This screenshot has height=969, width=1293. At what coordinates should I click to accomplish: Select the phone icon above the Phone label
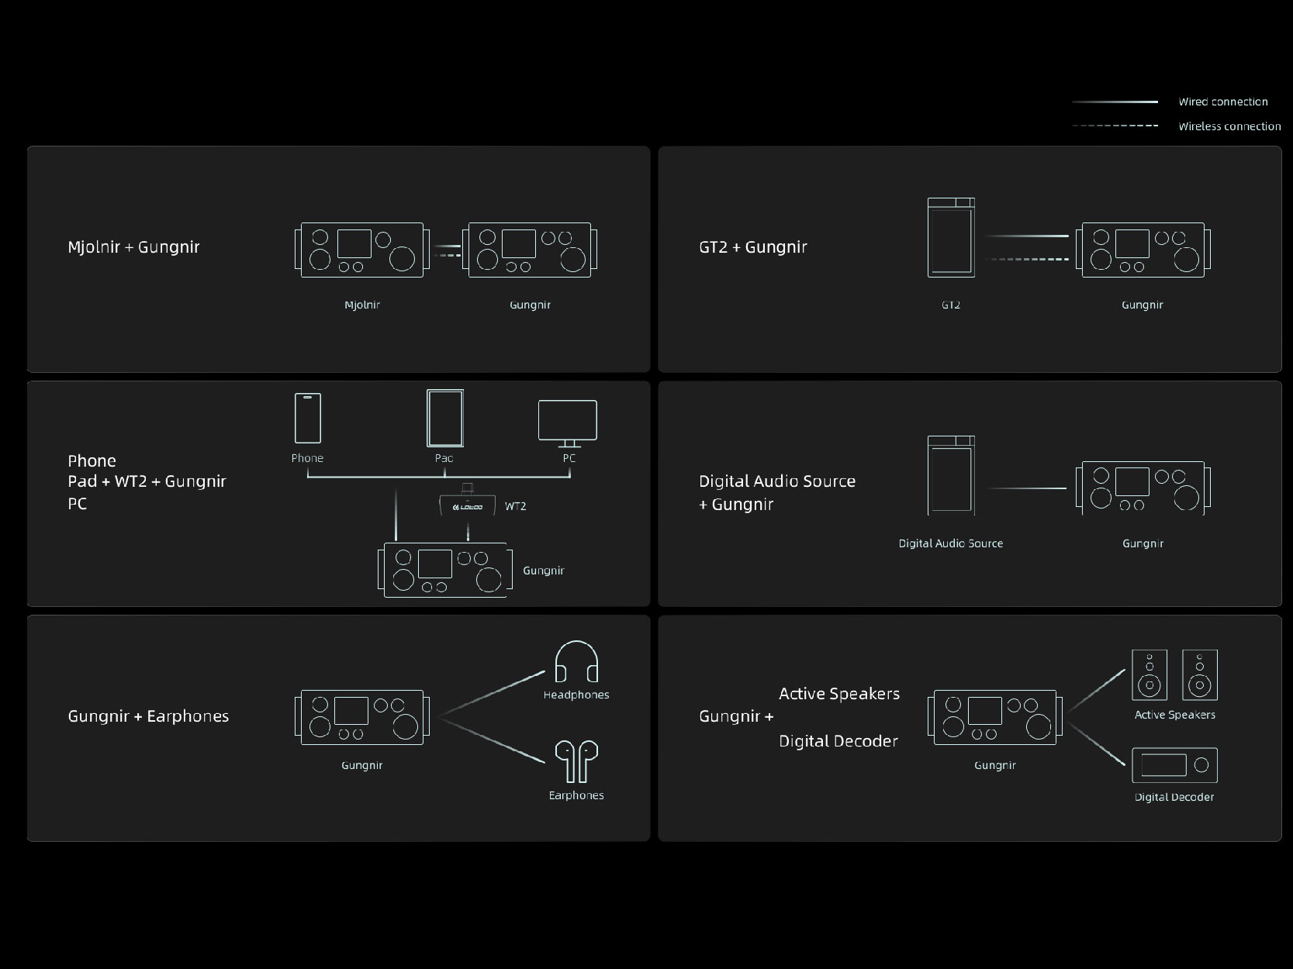(307, 418)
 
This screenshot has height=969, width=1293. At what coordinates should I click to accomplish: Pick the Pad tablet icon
(444, 418)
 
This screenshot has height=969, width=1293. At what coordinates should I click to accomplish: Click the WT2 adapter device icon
(468, 502)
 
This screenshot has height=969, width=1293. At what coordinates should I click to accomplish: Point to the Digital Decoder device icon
(1174, 764)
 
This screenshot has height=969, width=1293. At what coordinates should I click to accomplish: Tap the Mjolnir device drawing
(361, 250)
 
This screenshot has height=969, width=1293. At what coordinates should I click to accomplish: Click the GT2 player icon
(951, 237)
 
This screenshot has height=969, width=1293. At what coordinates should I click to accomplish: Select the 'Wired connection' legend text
(1223, 102)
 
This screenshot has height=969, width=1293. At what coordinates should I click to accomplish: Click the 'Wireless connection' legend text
(1229, 126)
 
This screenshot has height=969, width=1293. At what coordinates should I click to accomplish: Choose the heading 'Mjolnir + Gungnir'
(133, 247)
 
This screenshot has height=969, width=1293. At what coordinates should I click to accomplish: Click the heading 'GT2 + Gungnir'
(753, 247)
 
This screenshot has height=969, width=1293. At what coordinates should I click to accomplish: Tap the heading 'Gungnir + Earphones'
(148, 716)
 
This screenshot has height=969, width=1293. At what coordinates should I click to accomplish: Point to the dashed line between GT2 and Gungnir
(1028, 259)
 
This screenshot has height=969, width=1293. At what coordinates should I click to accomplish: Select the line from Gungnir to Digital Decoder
(1096, 744)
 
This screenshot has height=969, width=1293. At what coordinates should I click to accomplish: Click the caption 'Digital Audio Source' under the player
(950, 543)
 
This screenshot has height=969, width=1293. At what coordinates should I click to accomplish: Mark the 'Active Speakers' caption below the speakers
(1174, 715)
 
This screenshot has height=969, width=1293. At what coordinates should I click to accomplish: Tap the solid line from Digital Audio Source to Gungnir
(1027, 488)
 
